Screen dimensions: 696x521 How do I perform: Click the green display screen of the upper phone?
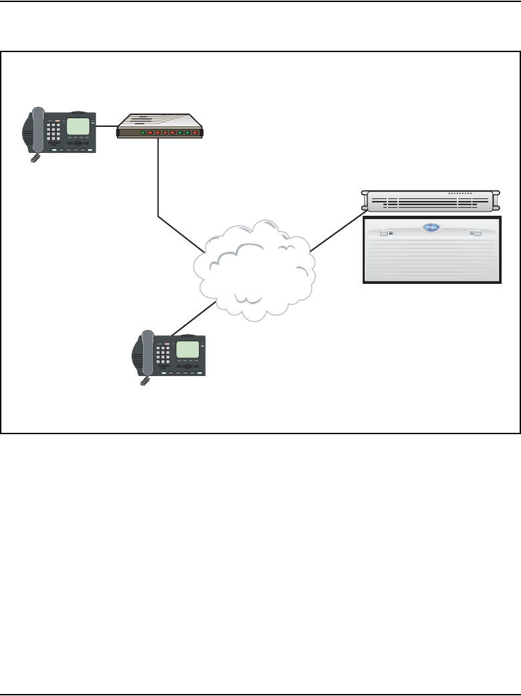pyautogui.click(x=79, y=126)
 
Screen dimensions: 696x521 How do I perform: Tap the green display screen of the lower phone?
pyautogui.click(x=188, y=349)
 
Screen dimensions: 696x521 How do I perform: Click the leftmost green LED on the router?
pyautogui.click(x=143, y=133)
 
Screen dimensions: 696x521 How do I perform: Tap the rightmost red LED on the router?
pyautogui.click(x=196, y=133)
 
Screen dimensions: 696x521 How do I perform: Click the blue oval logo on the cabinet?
pyautogui.click(x=432, y=228)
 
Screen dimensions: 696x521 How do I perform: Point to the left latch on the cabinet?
pyautogui.click(x=383, y=234)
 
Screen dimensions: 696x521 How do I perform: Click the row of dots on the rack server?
pyautogui.click(x=460, y=193)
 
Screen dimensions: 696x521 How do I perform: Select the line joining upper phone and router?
pyautogui.click(x=106, y=125)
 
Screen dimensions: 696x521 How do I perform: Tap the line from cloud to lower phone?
pyautogui.click(x=194, y=319)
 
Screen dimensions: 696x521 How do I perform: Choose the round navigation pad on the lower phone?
pyautogui.click(x=188, y=366)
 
